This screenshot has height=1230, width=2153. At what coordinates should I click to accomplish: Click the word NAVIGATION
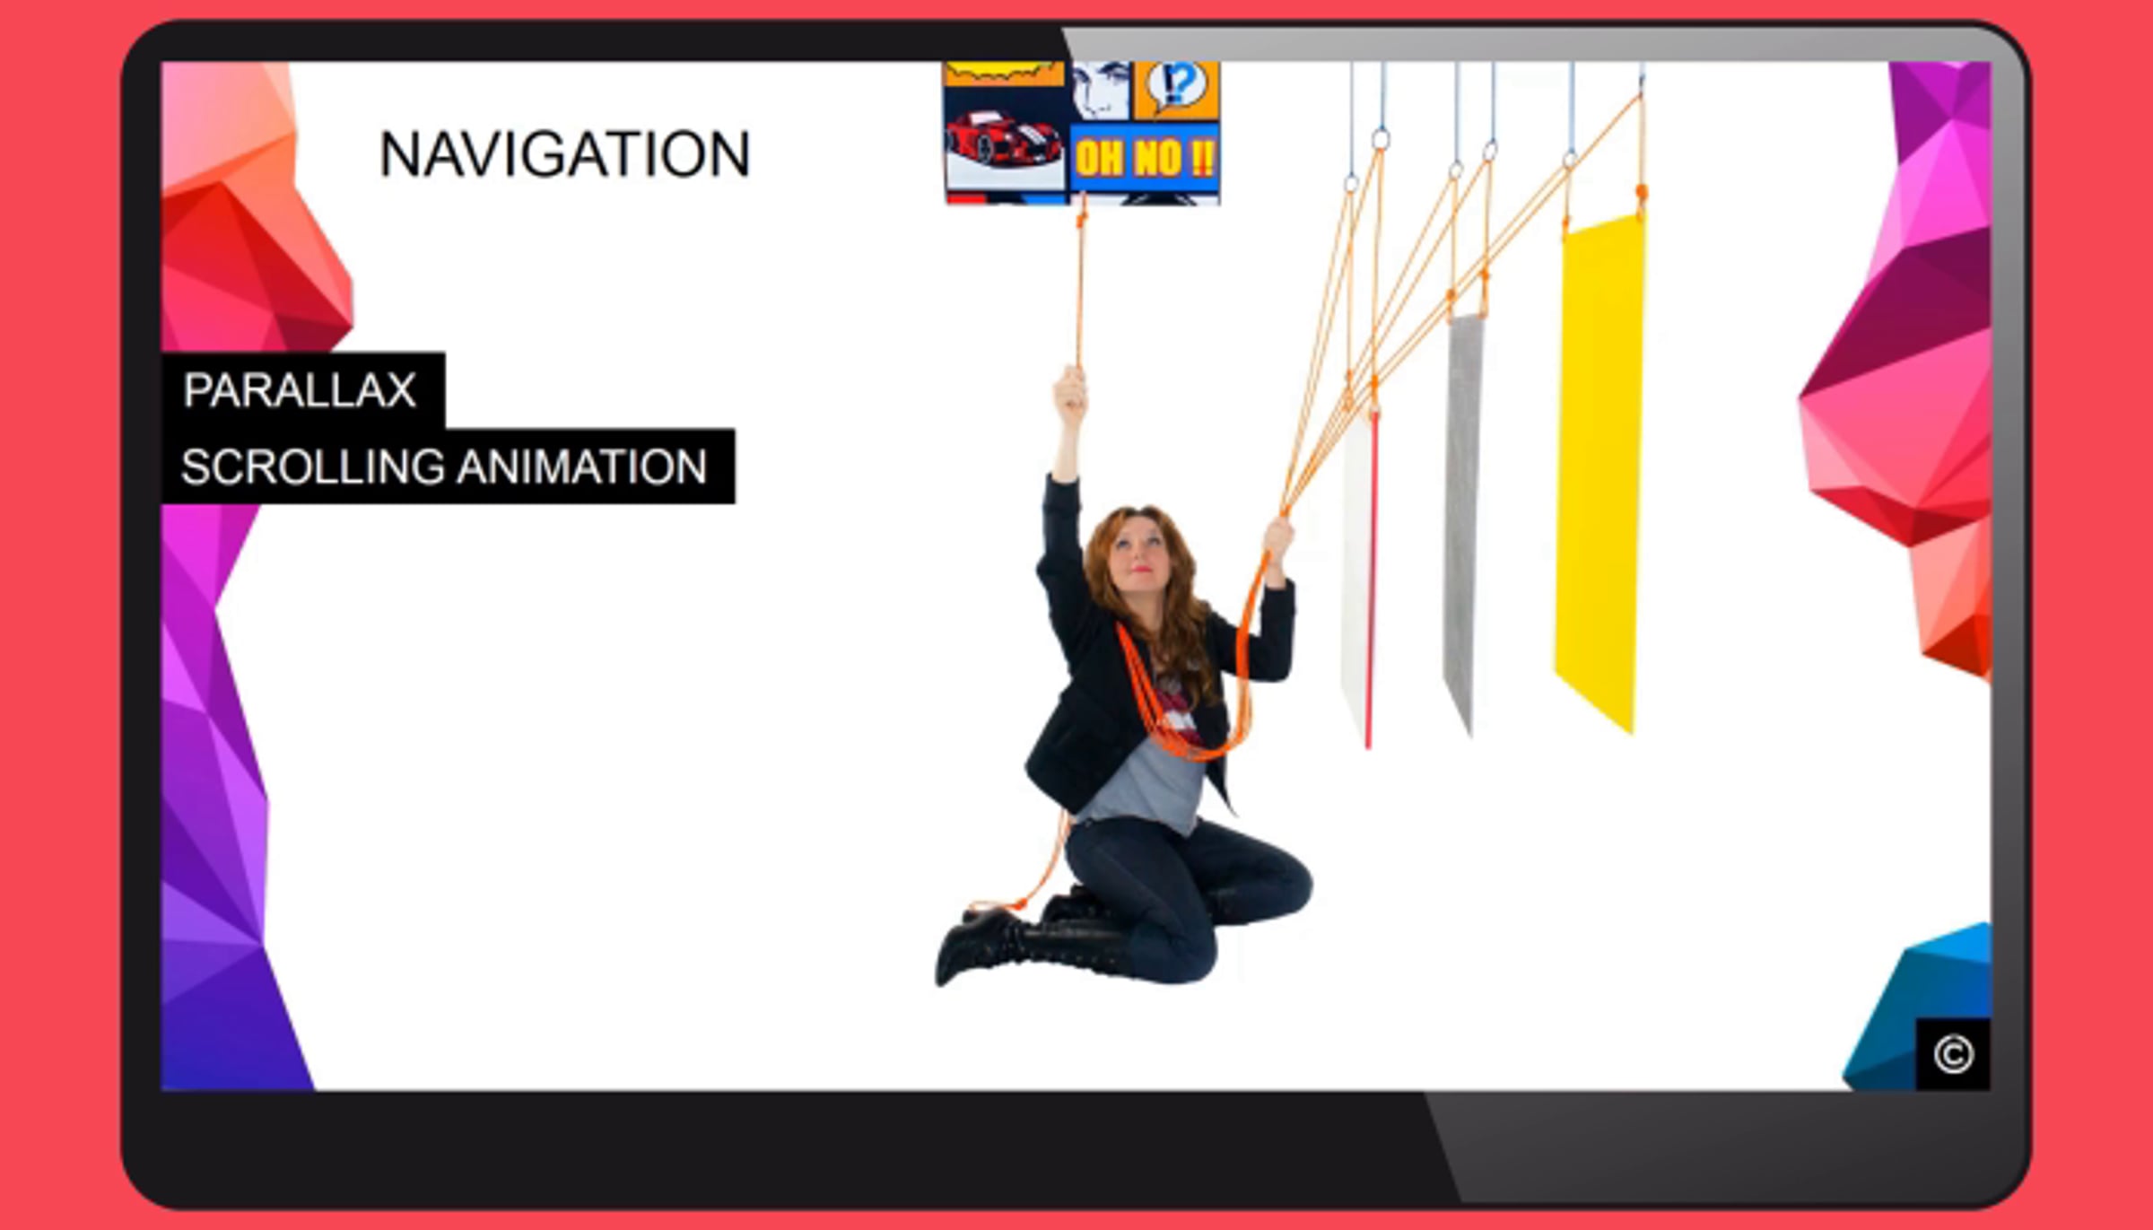click(565, 154)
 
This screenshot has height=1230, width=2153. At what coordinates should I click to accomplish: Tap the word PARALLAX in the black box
click(300, 390)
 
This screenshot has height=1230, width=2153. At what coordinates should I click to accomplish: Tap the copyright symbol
click(1953, 1054)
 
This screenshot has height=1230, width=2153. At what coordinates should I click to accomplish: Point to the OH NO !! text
click(1145, 159)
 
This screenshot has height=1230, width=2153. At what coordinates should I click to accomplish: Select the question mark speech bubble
click(1177, 86)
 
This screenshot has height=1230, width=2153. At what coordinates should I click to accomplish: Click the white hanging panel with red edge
click(1360, 579)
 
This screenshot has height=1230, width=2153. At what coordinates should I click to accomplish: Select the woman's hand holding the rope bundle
click(1278, 538)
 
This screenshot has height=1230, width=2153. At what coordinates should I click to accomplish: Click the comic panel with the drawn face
click(1102, 90)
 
